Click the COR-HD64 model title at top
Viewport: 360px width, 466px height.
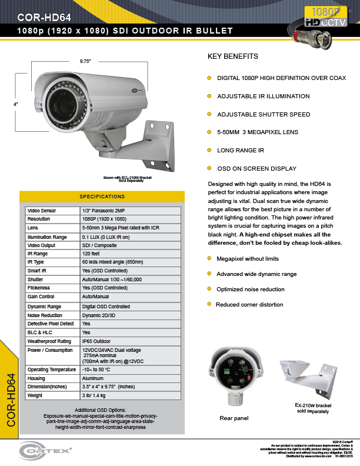point(45,16)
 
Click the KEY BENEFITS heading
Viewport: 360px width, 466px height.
point(233,57)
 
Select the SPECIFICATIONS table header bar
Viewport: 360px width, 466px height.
point(102,196)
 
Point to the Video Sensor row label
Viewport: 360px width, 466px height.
point(41,209)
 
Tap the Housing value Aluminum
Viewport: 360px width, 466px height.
point(94,378)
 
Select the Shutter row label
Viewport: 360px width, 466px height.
point(35,279)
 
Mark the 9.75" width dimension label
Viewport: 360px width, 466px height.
point(86,61)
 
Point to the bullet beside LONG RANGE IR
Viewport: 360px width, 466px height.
point(208,150)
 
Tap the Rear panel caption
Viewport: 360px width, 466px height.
point(234,418)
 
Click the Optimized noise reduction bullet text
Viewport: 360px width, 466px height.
point(251,289)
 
